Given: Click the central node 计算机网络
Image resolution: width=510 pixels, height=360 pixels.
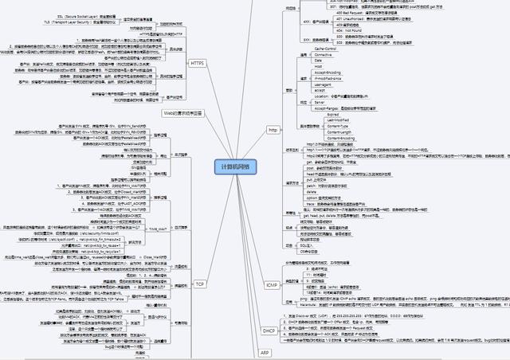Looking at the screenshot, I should tap(232, 166).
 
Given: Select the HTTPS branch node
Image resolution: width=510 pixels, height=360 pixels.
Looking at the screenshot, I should tap(197, 62).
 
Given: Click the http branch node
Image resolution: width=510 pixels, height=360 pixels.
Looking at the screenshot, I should tap(273, 129).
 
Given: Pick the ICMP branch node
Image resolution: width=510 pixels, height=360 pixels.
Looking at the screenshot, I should tap(270, 284).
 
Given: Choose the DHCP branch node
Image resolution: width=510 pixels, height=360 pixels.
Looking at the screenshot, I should tap(269, 329).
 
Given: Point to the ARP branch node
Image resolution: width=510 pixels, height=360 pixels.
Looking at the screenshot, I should tap(266, 351).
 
